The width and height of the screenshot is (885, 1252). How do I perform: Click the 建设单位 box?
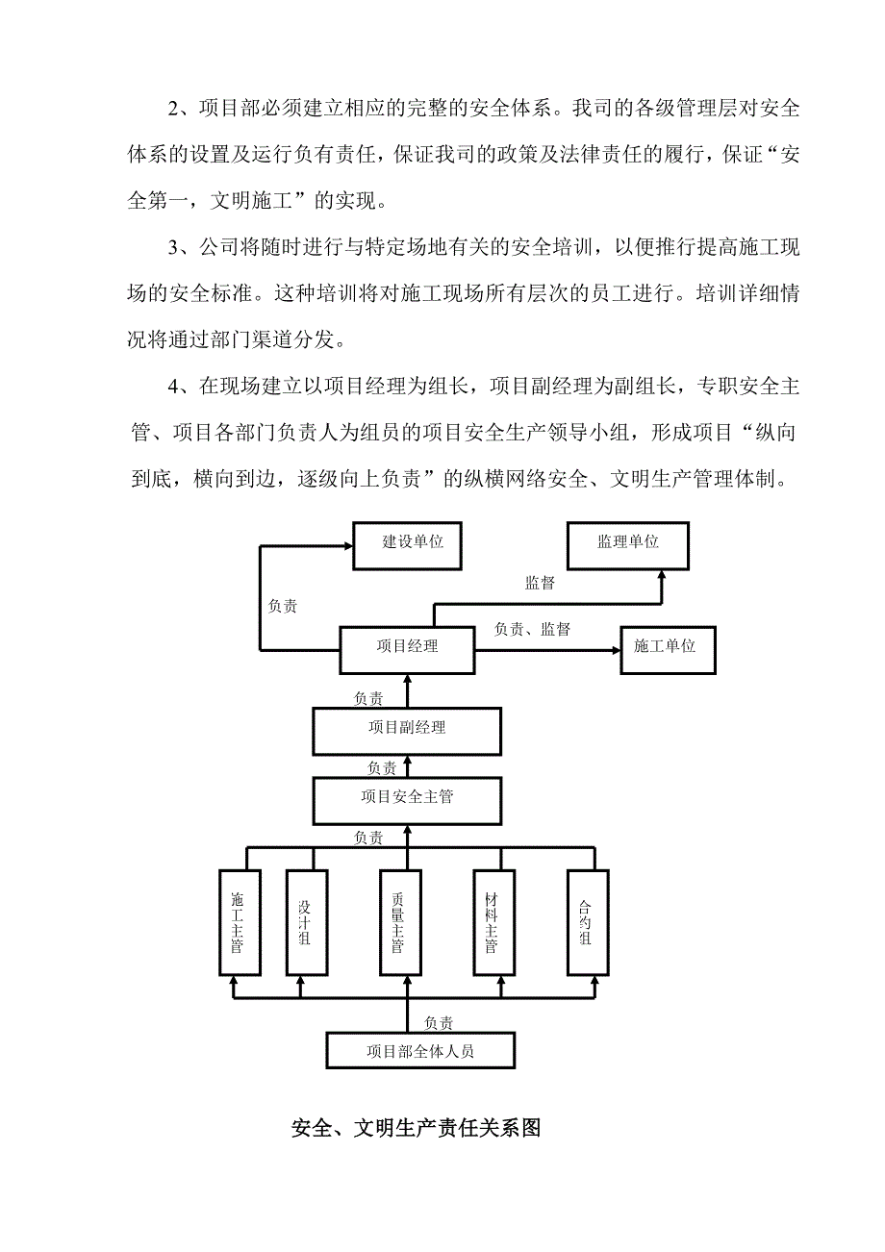[414, 543]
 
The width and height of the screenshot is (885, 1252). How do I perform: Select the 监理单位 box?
[628, 543]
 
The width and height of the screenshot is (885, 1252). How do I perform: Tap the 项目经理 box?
[407, 647]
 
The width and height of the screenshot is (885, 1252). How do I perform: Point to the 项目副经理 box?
[407, 729]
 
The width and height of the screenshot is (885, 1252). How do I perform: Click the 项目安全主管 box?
[407, 797]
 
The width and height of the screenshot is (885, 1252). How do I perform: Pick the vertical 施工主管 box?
[236, 922]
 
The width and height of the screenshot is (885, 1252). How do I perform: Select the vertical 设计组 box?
[306, 922]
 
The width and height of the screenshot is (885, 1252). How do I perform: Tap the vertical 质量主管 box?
[397, 922]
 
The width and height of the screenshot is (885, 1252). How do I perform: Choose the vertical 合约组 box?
[586, 922]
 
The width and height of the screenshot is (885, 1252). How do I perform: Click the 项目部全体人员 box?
[420, 1051]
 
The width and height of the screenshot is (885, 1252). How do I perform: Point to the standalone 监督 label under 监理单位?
[540, 584]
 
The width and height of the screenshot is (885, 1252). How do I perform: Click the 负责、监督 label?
[532, 630]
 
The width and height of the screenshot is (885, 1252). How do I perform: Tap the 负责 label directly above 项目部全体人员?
[439, 1023]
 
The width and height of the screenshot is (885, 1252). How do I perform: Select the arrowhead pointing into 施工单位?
[616, 651]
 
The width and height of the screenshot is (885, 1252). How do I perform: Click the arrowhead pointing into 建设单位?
[347, 545]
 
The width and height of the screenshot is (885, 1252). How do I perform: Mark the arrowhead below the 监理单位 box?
[662, 573]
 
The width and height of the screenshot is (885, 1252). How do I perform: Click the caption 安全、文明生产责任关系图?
[416, 1128]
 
